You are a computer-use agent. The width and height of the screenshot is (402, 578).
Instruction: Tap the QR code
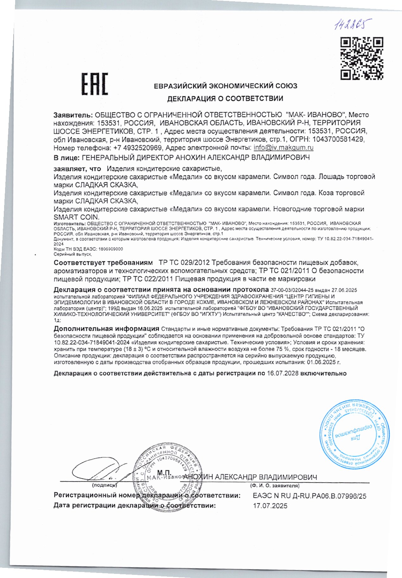pos(362,58)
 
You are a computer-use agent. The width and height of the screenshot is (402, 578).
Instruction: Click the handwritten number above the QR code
pos(352,24)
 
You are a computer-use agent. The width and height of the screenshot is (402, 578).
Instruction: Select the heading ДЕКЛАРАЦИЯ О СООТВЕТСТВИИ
pos(225,99)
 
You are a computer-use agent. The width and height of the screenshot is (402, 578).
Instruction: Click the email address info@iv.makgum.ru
pos(284,147)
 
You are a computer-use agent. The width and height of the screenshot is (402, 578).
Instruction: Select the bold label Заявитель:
pos(73,115)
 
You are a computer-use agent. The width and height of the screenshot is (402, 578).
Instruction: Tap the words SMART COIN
pos(76,217)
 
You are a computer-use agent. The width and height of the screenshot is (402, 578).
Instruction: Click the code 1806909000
pos(111,249)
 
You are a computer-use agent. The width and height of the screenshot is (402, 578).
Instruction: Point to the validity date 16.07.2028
pos(283,373)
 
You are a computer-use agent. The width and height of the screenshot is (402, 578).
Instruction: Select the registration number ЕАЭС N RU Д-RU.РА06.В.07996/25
pos(309,496)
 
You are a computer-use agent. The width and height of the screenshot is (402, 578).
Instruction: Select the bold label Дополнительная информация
pos(106,328)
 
